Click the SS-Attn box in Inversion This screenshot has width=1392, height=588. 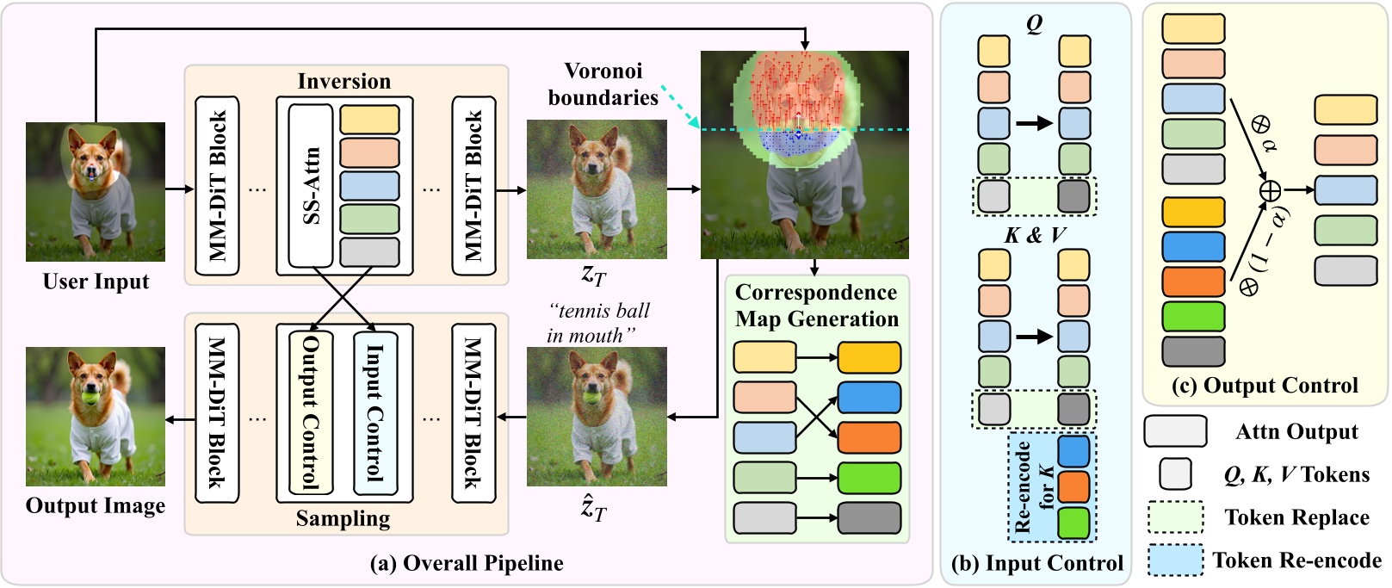point(311,186)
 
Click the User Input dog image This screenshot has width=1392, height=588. point(95,191)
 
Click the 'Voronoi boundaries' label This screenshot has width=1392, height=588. point(603,84)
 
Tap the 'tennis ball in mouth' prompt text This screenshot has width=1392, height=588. point(598,323)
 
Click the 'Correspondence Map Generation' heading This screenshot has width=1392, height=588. point(816,306)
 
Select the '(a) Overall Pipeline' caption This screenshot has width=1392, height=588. point(467,563)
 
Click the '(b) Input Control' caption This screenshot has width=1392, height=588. point(1036,563)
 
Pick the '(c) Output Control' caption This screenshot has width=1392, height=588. point(1265,385)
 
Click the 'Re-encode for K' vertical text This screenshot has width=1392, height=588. point(1033,487)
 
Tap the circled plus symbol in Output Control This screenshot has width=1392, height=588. point(1270,190)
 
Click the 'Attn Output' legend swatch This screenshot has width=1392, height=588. point(1175,431)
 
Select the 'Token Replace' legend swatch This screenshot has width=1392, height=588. point(1175,517)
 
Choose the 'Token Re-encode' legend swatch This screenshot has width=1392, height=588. point(1175,560)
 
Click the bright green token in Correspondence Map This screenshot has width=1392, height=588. point(869,478)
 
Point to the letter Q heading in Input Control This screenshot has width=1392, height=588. point(1035,23)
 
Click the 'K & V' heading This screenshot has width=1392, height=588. point(1035,235)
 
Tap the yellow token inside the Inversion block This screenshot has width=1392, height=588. point(369,120)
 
